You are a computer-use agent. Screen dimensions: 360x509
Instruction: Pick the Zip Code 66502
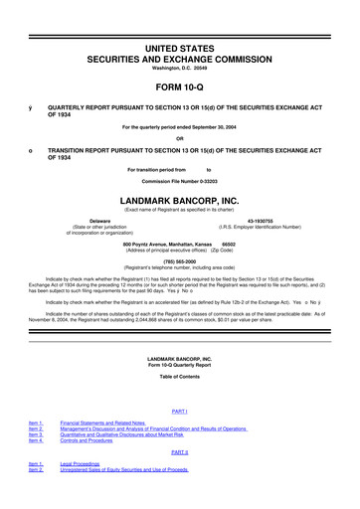click(229, 243)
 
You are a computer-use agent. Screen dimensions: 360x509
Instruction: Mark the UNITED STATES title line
click(179, 20)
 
